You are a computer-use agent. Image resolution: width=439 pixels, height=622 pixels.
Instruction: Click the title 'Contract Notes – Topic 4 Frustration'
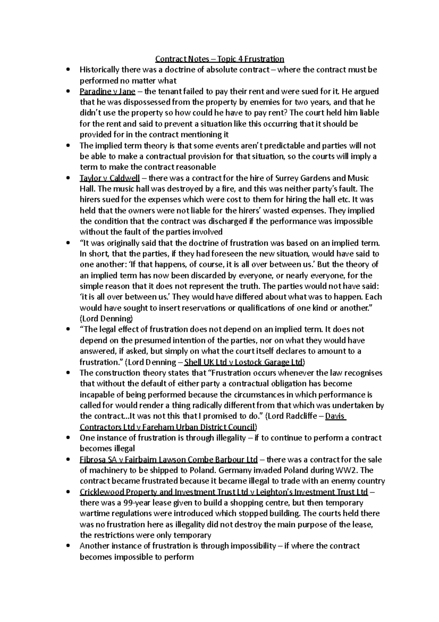click(219, 59)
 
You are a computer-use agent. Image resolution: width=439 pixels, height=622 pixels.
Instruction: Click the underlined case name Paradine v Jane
click(107, 91)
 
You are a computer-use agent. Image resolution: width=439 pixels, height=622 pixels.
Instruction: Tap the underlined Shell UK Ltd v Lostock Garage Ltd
click(244, 362)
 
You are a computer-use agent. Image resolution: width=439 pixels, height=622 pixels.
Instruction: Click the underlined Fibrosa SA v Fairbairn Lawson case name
click(168, 459)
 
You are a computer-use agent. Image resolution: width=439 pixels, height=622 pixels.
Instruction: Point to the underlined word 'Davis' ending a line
click(335, 416)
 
